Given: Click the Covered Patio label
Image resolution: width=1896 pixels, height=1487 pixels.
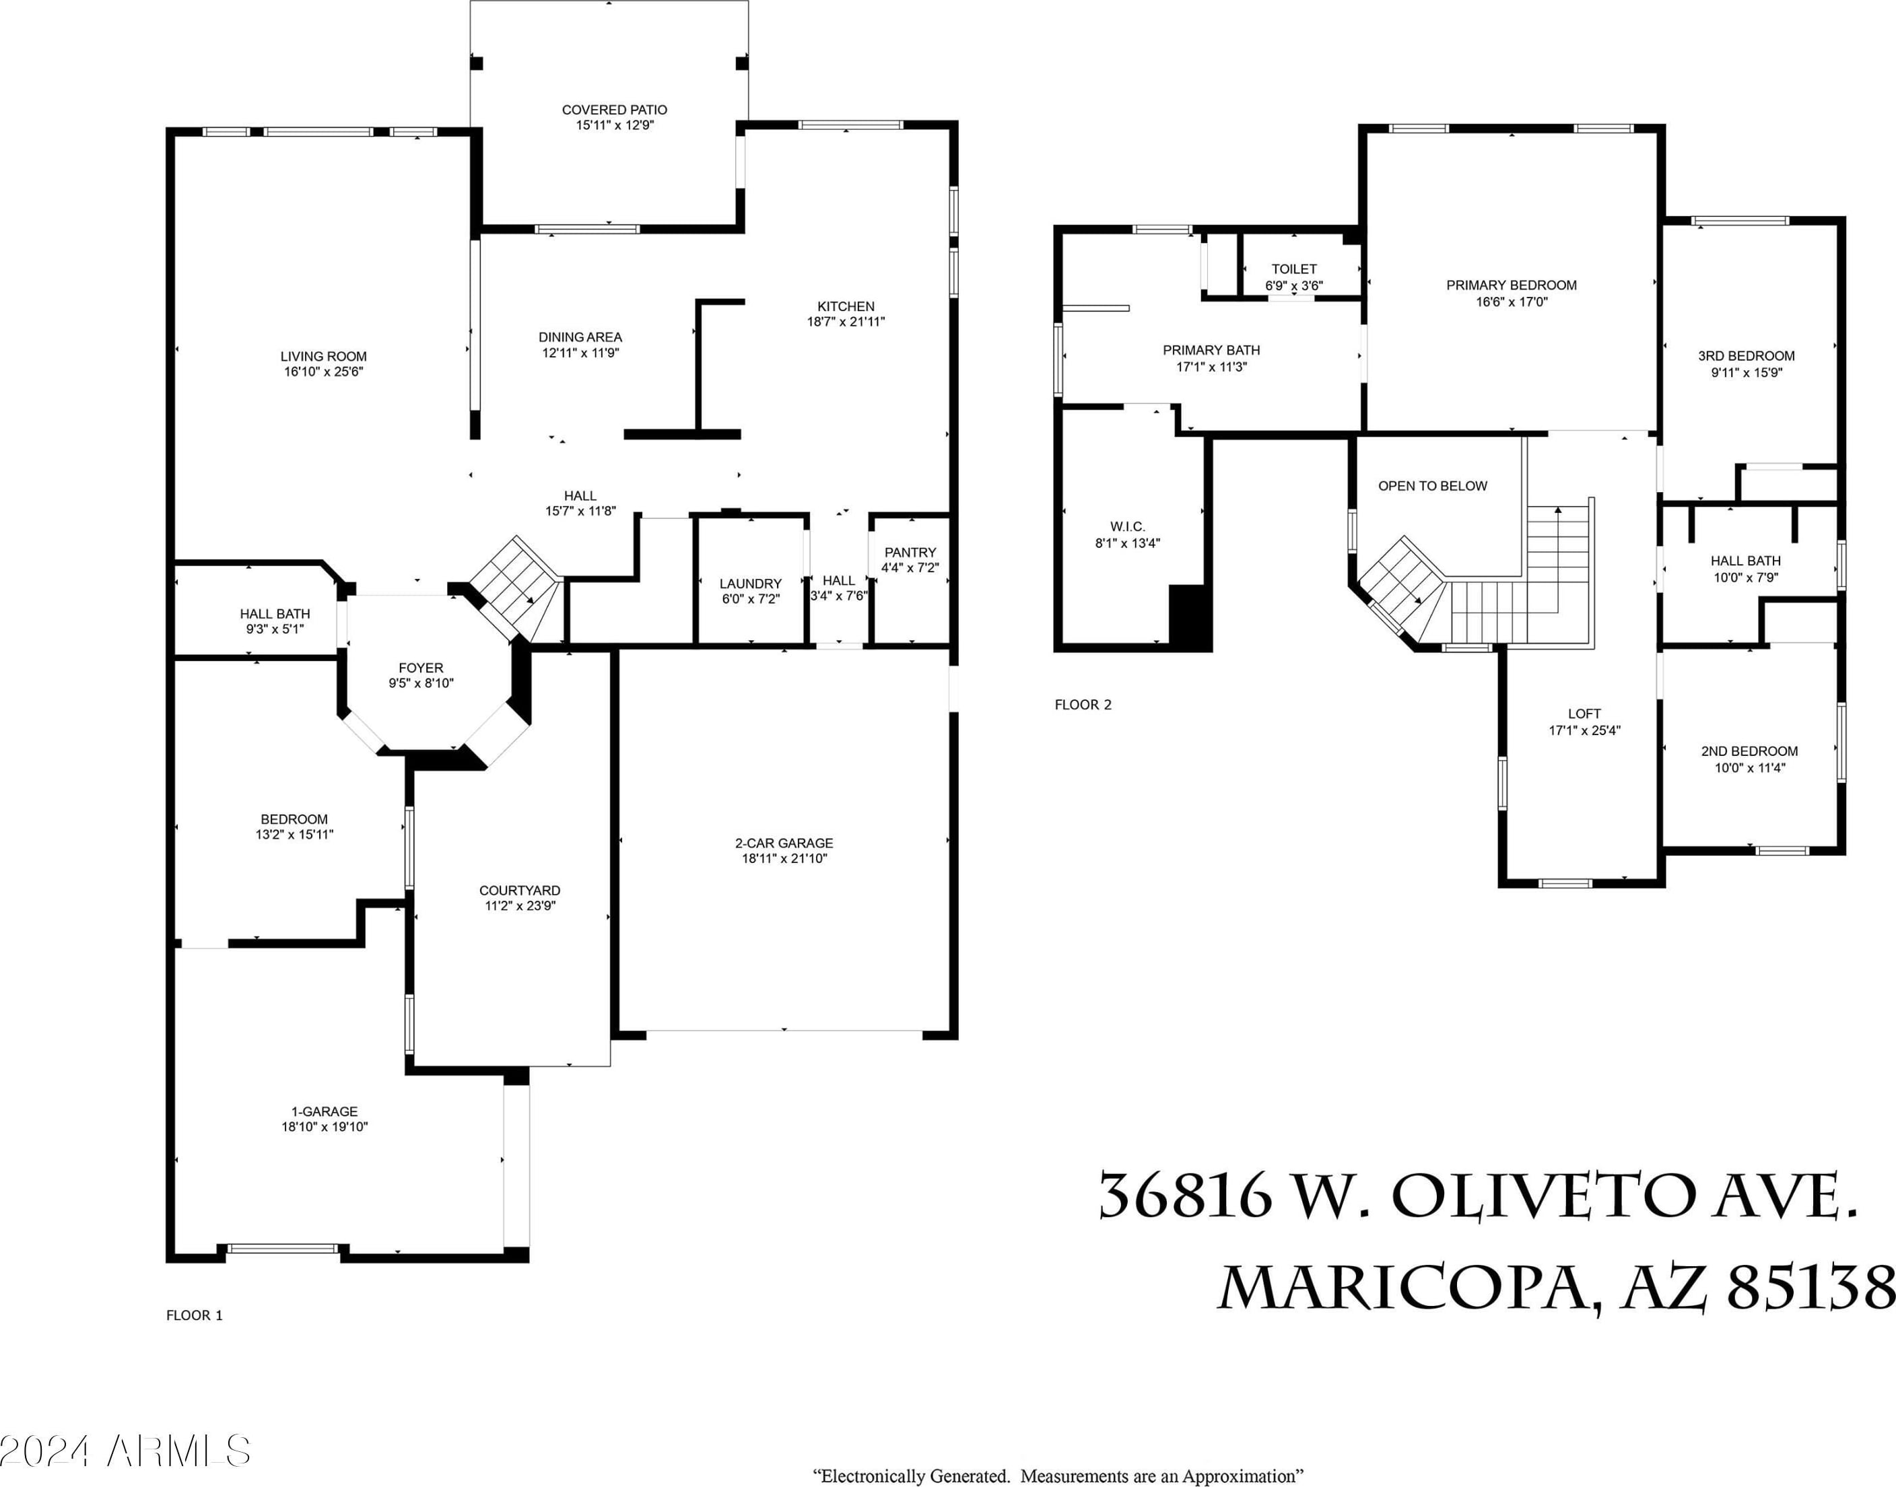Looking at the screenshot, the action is pos(614,110).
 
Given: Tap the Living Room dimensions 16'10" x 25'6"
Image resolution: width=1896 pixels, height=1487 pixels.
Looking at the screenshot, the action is pos(323,372).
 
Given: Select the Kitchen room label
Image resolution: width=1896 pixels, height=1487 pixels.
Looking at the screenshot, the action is pos(846,306).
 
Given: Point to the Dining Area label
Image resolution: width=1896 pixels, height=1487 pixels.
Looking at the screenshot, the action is pos(580,337).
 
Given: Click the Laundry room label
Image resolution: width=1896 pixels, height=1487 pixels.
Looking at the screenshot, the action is pos(751,584).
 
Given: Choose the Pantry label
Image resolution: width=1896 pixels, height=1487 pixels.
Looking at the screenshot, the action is pos(910,552).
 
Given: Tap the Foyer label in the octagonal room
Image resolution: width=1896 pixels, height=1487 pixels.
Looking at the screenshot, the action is pos(421,668).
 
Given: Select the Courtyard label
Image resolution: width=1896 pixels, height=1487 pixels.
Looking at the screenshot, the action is pos(520,890).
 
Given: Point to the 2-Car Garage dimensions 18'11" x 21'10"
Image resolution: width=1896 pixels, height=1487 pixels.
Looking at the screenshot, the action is pos(784,858).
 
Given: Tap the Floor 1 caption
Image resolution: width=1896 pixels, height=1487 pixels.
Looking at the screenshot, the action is pos(194,1315).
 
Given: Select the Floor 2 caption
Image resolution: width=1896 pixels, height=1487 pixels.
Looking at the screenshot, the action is pos(1083,704).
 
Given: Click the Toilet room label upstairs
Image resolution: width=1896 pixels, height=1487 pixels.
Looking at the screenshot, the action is pos(1294,269).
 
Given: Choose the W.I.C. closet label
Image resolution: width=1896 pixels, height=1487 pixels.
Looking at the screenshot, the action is pos(1128,526).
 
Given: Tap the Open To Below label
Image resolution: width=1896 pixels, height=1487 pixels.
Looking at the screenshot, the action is pos(1433,486).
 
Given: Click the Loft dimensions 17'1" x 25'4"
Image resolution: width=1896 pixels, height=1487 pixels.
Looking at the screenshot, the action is pos(1584,730).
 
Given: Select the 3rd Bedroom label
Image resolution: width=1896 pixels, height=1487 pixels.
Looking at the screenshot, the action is pos(1747,355).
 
